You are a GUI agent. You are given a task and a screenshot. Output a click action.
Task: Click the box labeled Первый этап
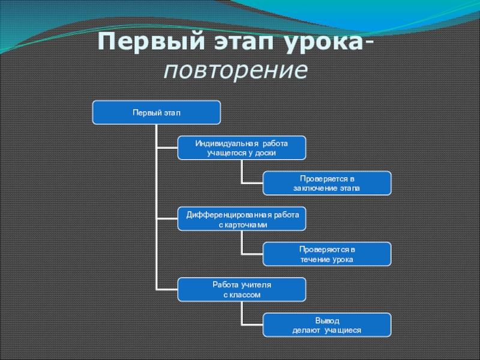(x=156, y=112)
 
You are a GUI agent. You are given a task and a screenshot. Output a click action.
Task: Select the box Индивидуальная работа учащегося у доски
(x=241, y=148)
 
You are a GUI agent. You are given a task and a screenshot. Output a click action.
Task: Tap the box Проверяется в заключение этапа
(x=327, y=183)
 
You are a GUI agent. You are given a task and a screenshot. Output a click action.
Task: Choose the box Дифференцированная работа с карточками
(x=241, y=218)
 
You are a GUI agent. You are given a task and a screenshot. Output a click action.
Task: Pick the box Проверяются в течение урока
(x=327, y=254)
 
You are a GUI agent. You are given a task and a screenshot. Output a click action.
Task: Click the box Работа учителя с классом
(x=241, y=289)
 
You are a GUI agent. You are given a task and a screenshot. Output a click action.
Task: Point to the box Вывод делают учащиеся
(x=327, y=325)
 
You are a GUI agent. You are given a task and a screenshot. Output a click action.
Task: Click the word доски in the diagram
(x=265, y=153)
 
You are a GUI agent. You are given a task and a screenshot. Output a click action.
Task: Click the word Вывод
(x=327, y=321)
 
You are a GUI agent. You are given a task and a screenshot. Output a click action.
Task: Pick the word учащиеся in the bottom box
(x=343, y=330)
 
